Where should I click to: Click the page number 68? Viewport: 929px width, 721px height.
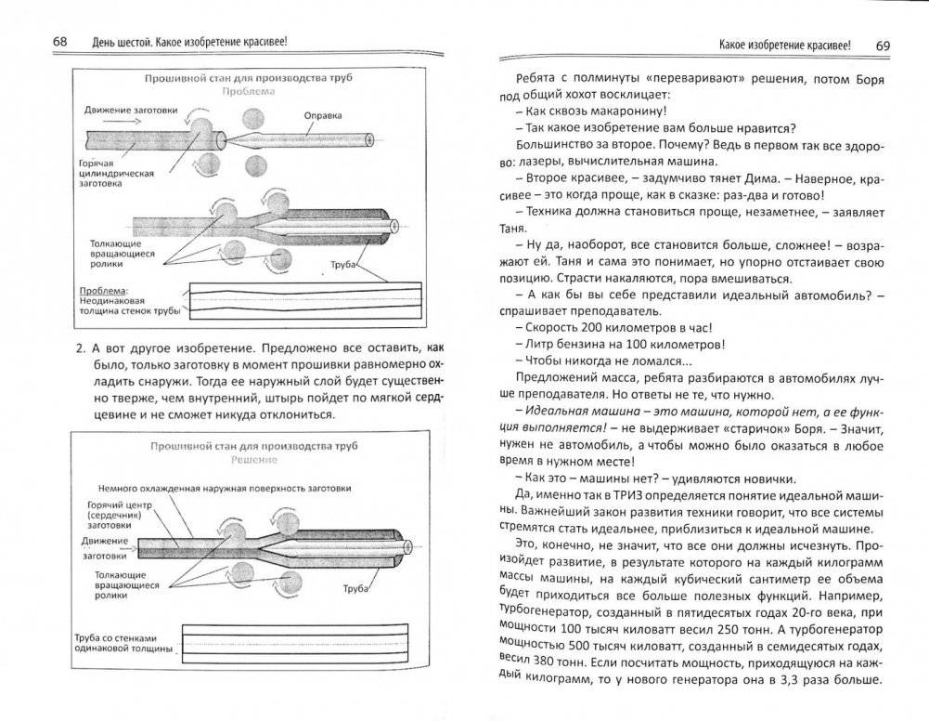click(60, 43)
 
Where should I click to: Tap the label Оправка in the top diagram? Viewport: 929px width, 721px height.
click(324, 115)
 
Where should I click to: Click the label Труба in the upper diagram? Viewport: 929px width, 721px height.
click(343, 264)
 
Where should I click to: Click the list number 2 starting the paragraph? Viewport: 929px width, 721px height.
click(80, 347)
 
